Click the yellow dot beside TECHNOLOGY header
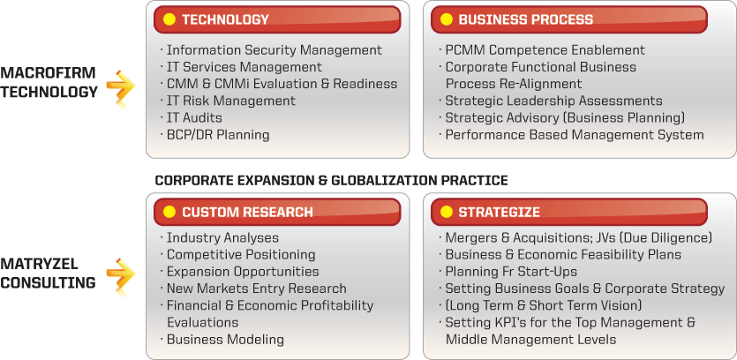pyautogui.click(x=169, y=19)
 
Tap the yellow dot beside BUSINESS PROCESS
pyautogui.click(x=447, y=19)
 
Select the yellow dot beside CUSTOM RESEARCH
pyautogui.click(x=169, y=212)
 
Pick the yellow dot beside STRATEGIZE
pyautogui.click(x=447, y=212)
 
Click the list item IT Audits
pyautogui.click(x=194, y=117)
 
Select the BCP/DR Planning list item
pyautogui.click(x=218, y=135)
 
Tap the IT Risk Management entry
pyautogui.click(x=230, y=101)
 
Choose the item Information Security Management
pyautogui.click(x=274, y=49)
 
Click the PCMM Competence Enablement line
pyautogui.click(x=545, y=49)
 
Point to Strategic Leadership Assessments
pyautogui.click(x=553, y=101)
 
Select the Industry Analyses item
pyautogui.click(x=222, y=238)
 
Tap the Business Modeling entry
pyautogui.click(x=225, y=339)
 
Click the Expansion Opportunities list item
pyautogui.click(x=243, y=272)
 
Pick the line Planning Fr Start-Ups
pyautogui.click(x=511, y=272)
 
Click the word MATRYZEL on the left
pyautogui.click(x=39, y=264)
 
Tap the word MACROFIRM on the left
pyautogui.click(x=48, y=73)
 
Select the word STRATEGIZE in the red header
pyautogui.click(x=500, y=213)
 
